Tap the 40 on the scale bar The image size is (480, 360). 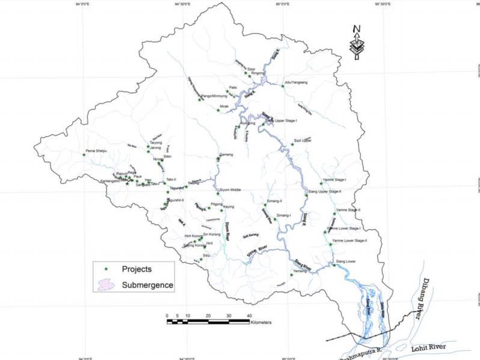click(248, 315)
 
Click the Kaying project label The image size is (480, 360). click(229, 206)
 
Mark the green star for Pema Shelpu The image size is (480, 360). click(84, 155)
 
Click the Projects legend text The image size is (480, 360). click(137, 268)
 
